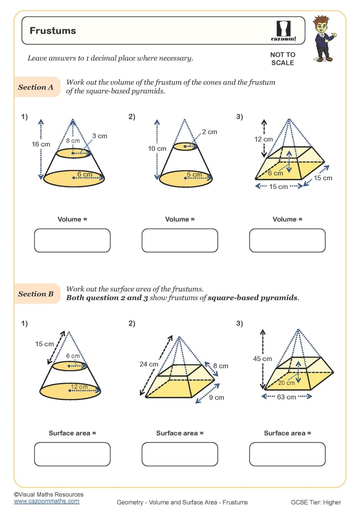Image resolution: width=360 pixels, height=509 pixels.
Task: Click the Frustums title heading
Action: coord(53,31)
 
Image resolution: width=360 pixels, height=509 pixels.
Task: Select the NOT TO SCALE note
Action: coord(282,59)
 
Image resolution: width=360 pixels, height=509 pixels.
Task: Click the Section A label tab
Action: coord(36,87)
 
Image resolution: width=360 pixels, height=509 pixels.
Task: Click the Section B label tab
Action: coord(36,294)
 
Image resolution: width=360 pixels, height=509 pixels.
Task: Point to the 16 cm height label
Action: coord(41,144)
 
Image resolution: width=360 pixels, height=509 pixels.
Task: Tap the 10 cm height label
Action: coord(158,149)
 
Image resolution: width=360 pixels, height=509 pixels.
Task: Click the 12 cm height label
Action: coord(264,139)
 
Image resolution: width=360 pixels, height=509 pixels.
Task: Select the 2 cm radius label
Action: coord(209,132)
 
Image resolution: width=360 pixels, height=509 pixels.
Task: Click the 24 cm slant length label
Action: coord(149,364)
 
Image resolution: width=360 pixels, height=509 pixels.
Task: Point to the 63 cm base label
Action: coord(287,397)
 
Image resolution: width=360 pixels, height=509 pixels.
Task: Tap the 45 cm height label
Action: coord(263,358)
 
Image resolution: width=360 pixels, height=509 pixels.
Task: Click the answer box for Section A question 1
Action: coord(72,241)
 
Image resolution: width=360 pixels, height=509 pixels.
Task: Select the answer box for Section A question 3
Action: coord(287,241)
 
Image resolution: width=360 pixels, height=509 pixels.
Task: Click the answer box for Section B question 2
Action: coord(180,454)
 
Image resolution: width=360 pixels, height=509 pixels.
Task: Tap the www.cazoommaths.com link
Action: coord(47,501)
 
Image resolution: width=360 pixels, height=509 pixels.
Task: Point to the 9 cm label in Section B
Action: coord(216,397)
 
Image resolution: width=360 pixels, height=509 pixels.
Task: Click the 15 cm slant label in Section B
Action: coord(44,344)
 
